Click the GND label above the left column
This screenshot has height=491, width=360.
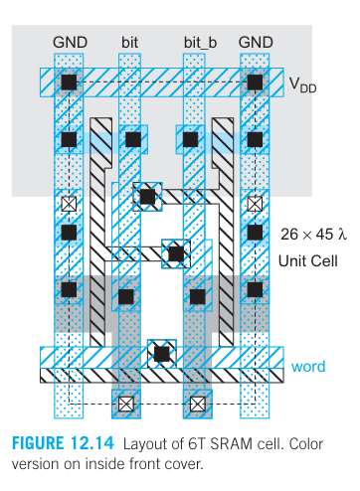(x=69, y=42)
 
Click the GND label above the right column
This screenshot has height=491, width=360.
(x=256, y=42)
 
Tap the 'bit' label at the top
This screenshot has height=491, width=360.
(x=130, y=42)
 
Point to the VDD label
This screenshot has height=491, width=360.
(x=302, y=86)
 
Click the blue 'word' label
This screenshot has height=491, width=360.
(x=308, y=367)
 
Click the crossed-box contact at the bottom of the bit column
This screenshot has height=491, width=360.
(x=126, y=404)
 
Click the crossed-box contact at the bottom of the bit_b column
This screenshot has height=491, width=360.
(x=199, y=404)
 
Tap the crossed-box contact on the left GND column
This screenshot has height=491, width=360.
(x=69, y=203)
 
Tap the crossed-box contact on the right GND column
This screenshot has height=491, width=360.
(x=256, y=203)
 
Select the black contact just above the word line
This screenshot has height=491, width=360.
(x=160, y=351)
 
